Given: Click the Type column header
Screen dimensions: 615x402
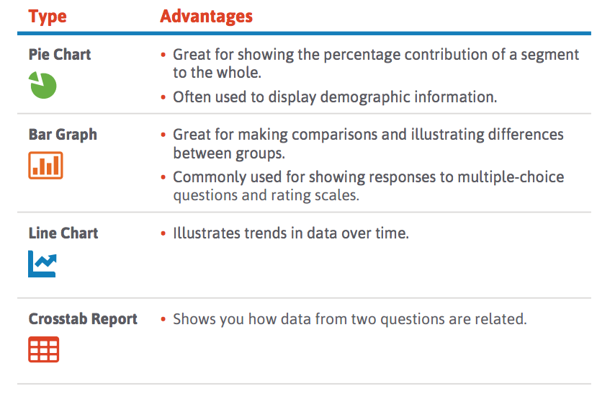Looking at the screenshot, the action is click(x=48, y=17).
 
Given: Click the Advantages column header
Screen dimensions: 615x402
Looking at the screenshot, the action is click(x=206, y=17).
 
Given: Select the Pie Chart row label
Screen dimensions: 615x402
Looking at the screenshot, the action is click(x=60, y=55).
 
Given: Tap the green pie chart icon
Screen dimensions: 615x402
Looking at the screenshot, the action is click(x=42, y=85).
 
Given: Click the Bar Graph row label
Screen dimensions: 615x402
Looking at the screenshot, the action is click(x=63, y=135).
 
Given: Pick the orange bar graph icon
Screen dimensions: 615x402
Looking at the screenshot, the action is click(x=45, y=165).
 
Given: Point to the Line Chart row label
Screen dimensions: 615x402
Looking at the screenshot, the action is click(x=63, y=233).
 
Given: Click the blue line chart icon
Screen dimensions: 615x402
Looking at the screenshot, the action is click(x=42, y=264).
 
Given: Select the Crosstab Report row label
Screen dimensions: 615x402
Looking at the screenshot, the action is click(x=83, y=319).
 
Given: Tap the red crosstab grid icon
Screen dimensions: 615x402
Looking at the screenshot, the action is click(x=43, y=349).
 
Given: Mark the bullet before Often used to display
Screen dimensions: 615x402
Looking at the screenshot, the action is click(x=163, y=97).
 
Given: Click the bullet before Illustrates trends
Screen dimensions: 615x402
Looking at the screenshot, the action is click(x=163, y=233).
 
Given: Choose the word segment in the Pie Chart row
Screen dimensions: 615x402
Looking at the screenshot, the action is click(x=550, y=55).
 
